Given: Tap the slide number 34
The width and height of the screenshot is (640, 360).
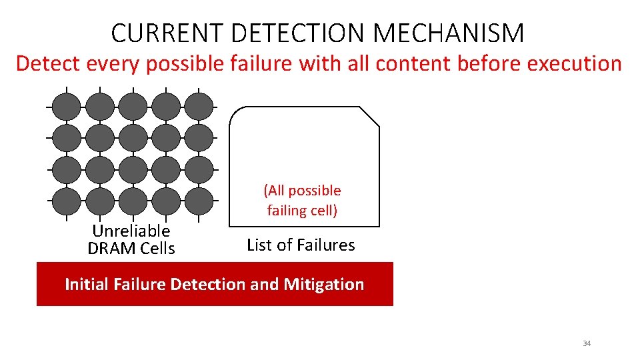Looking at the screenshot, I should [587, 343].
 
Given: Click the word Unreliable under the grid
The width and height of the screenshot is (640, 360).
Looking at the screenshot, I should [131, 231].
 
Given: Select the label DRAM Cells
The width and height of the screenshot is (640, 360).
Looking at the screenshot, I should [131, 249].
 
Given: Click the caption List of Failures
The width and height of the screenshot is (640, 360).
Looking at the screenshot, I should [301, 245].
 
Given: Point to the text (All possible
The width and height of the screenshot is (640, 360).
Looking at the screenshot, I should [303, 191].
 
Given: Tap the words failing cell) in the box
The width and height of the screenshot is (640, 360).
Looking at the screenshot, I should [303, 211].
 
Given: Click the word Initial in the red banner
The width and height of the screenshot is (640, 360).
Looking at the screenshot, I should [87, 285].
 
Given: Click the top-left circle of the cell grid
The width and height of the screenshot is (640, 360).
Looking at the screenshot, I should [67, 106].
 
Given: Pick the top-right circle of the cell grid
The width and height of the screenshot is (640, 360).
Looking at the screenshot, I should [199, 106].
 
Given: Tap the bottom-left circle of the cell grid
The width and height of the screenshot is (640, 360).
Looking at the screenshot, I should [67, 201].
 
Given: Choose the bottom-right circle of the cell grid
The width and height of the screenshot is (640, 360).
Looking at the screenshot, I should [199, 201].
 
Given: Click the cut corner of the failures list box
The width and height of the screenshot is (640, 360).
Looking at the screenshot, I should [370, 116].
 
